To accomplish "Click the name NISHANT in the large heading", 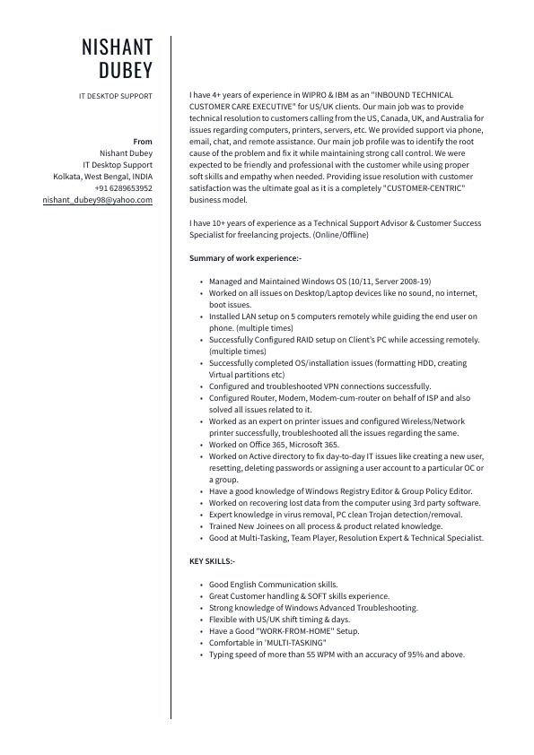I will point(117,47).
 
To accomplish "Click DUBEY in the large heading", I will point(126,71).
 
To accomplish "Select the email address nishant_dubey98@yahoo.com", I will point(98,200).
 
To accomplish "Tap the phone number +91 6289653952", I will point(124,188).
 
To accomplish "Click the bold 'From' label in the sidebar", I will point(143,142).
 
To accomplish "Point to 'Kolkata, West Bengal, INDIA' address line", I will point(103,177).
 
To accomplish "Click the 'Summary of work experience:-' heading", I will point(245,258).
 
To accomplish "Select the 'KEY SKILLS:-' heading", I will point(212,561).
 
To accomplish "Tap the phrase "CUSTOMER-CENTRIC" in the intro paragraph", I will point(424,188).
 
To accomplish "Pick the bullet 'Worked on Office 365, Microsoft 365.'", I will point(274,445).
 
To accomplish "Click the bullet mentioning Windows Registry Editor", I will point(340,491).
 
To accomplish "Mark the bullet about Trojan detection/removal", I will point(336,515).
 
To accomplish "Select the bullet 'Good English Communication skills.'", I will point(273,585).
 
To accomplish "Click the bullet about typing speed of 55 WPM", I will point(337,655).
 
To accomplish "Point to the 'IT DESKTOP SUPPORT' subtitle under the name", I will point(116,96).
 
